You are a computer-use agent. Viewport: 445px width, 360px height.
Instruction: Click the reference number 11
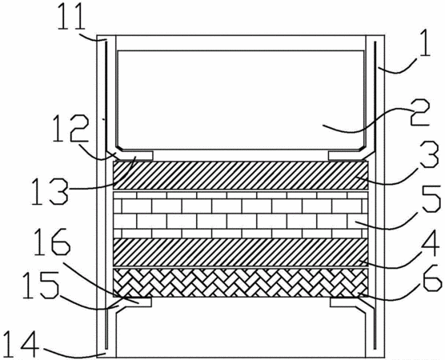pyautogui.click(x=71, y=16)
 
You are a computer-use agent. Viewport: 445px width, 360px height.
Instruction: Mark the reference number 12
pyautogui.click(x=70, y=130)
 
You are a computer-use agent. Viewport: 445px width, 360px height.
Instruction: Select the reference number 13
pyautogui.click(x=49, y=191)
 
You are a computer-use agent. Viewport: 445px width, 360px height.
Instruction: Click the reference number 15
pyautogui.click(x=40, y=286)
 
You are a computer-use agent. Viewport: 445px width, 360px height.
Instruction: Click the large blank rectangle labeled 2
pyautogui.click(x=241, y=100)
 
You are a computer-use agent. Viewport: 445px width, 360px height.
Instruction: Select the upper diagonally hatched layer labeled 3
pyautogui.click(x=241, y=175)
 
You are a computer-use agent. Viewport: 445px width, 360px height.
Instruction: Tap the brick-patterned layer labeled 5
pyautogui.click(x=241, y=214)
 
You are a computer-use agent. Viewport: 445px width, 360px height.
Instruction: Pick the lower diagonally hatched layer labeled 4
pyautogui.click(x=241, y=252)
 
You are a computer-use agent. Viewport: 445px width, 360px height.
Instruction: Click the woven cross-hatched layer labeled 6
pyautogui.click(x=241, y=282)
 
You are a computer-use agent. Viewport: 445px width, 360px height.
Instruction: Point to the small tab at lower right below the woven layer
pyautogui.click(x=343, y=302)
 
